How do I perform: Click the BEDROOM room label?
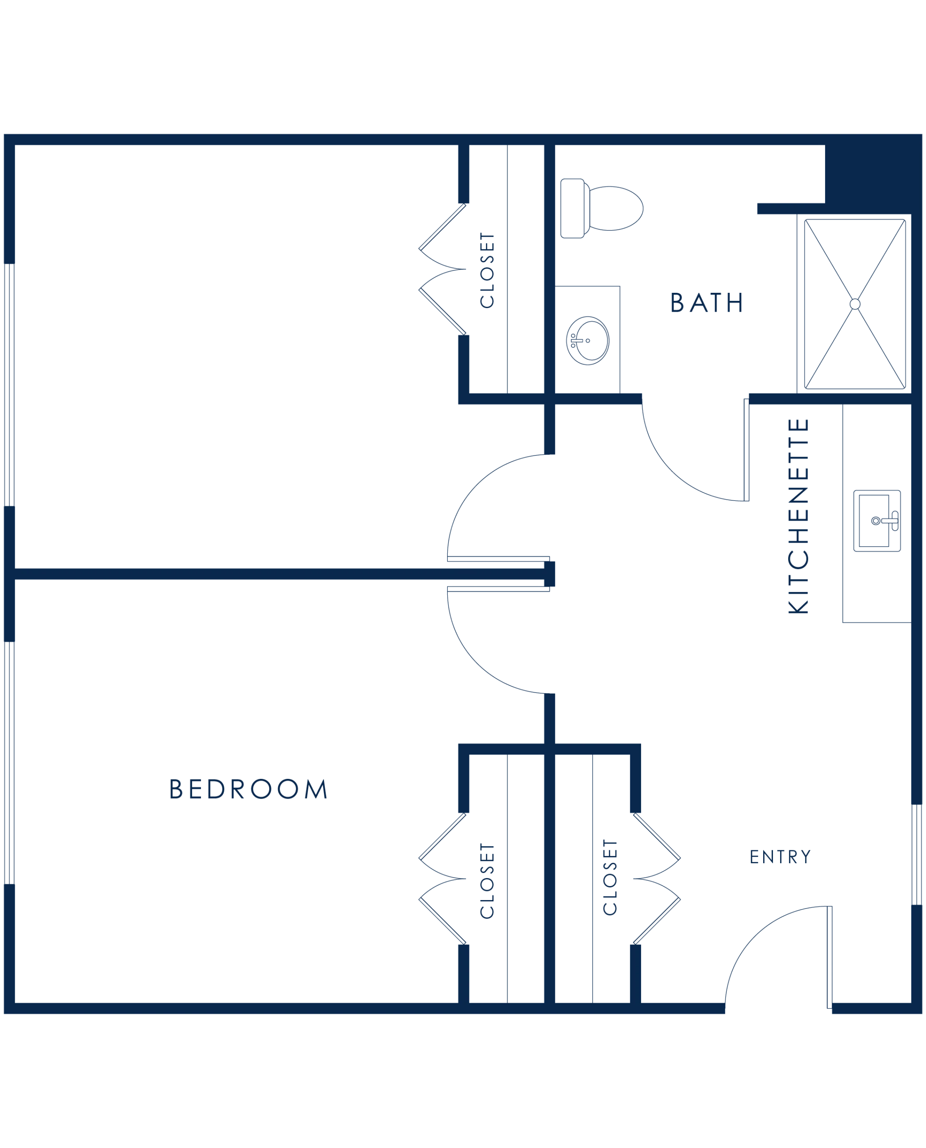(x=248, y=789)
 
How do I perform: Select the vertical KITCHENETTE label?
(x=799, y=514)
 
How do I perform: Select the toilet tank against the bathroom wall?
(x=573, y=208)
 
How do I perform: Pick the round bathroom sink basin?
(x=587, y=341)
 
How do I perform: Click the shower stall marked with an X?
(x=856, y=304)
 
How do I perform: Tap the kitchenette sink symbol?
(x=876, y=520)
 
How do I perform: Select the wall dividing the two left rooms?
(x=277, y=574)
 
